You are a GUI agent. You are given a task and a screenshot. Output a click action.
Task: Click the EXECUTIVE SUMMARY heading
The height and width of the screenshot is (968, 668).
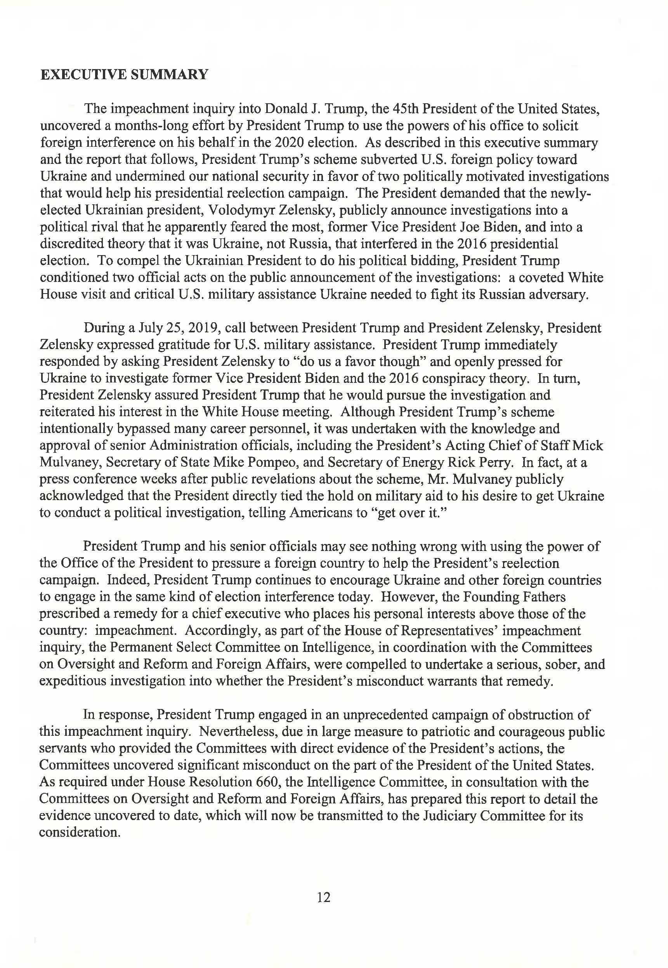[x=124, y=75]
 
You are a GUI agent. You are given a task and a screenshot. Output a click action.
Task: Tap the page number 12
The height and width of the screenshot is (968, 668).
[x=324, y=897]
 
